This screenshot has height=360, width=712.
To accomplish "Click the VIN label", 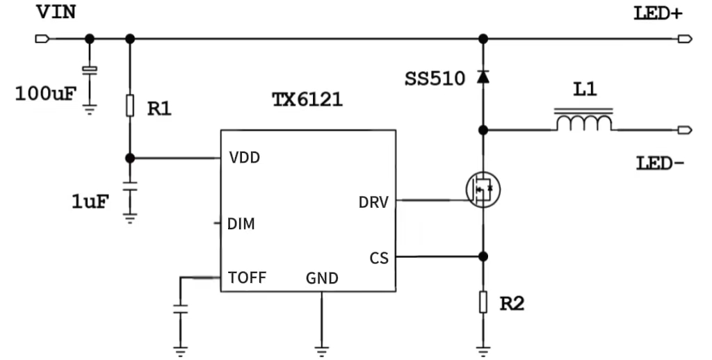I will (x=55, y=13).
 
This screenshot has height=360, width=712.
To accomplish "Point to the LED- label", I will (x=660, y=164).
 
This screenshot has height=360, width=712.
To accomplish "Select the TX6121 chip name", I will (x=307, y=99).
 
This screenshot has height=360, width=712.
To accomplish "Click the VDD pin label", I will (x=244, y=158).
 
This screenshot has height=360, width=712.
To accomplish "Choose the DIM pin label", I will (x=241, y=224).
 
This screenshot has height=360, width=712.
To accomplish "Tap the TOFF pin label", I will (x=247, y=278).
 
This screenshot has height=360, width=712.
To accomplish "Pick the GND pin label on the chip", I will (x=322, y=279).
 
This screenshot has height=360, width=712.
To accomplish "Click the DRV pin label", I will (x=373, y=202).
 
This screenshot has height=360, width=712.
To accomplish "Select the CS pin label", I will (x=379, y=259).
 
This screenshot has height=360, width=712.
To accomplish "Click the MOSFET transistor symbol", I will (x=483, y=188).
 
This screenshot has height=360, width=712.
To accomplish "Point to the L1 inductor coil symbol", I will (x=583, y=122).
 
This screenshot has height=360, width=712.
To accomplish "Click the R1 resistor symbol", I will (x=129, y=106).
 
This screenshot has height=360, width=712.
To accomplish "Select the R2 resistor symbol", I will (x=483, y=302).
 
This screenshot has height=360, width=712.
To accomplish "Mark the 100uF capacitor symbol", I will (x=89, y=70).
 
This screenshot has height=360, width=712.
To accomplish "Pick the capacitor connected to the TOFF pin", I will (x=181, y=309).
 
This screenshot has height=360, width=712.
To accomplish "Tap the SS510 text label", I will (x=435, y=79).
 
